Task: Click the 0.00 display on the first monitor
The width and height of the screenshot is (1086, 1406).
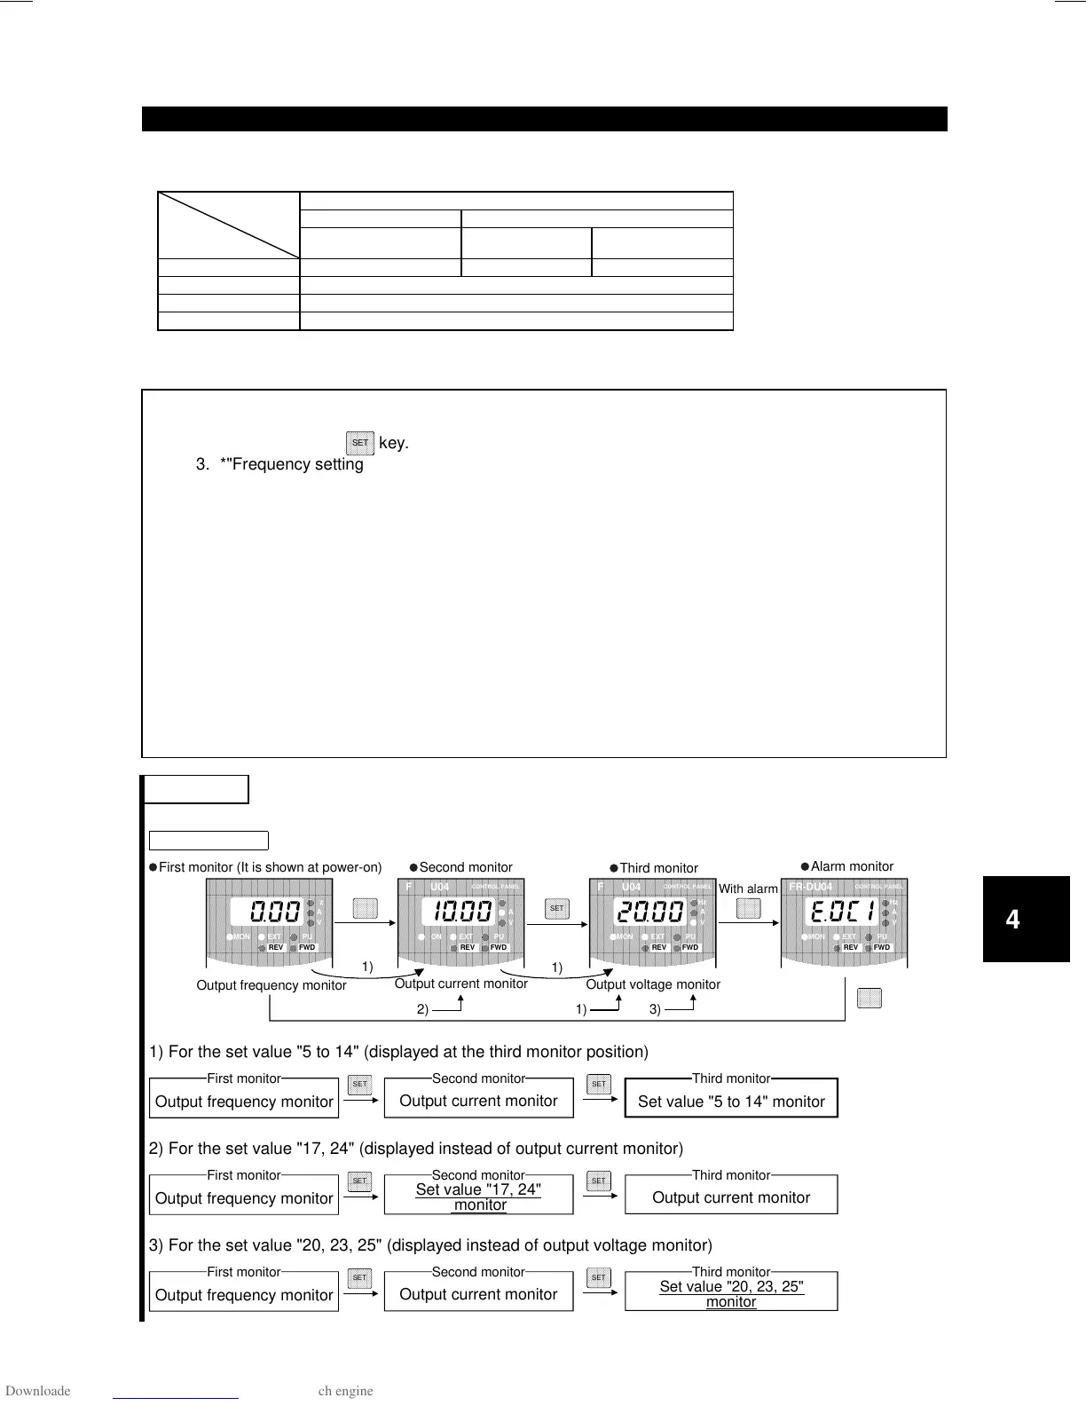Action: click(274, 911)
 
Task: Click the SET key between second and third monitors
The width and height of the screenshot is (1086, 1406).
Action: click(556, 908)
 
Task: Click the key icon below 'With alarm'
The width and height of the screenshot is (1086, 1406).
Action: click(749, 908)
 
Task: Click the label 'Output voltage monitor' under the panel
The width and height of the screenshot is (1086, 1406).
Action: click(653, 984)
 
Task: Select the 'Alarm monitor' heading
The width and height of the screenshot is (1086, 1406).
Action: click(852, 866)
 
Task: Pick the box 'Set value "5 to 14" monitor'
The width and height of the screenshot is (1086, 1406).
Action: click(731, 1099)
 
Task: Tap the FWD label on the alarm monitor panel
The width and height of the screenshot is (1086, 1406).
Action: click(882, 948)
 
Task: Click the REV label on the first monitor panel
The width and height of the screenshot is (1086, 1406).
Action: click(276, 948)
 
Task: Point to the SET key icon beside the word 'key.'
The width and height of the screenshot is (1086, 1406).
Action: click(360, 442)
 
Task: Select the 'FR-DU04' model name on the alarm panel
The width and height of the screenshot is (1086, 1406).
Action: click(811, 887)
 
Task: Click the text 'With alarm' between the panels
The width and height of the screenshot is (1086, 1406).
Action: click(748, 889)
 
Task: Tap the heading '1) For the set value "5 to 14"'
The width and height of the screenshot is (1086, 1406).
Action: click(398, 1052)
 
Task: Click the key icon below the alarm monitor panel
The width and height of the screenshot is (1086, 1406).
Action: click(870, 998)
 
